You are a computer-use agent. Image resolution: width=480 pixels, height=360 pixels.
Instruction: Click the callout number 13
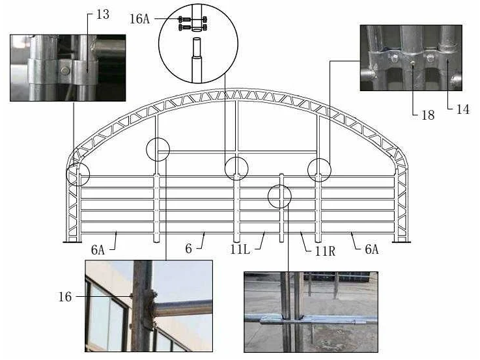[x=102, y=14]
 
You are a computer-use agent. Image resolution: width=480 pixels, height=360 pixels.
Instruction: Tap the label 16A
[x=139, y=19]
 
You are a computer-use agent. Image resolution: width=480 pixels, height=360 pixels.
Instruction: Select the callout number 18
[x=428, y=115]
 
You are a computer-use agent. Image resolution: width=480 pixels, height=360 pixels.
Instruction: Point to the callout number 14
[x=462, y=109]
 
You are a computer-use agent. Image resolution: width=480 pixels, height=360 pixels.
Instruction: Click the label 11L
[x=240, y=249]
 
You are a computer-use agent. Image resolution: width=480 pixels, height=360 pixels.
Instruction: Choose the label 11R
[x=325, y=251]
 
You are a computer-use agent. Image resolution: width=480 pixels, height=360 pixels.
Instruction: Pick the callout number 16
[x=65, y=297]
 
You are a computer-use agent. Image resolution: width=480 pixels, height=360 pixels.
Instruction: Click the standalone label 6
[x=189, y=249]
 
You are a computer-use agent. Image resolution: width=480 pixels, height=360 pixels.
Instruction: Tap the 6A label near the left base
[x=98, y=250]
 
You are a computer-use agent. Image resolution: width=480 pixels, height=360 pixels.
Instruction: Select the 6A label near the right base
[x=372, y=249]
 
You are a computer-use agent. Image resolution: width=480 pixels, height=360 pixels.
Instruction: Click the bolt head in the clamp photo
[x=65, y=71]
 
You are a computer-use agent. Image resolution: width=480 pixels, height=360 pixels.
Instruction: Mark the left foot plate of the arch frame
[x=72, y=242]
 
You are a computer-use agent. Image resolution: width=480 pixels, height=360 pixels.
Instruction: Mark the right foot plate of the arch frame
[x=401, y=242]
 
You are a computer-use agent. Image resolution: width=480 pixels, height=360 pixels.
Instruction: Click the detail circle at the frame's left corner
[x=66, y=174]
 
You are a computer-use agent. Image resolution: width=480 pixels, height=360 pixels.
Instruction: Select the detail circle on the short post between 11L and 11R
[x=268, y=197]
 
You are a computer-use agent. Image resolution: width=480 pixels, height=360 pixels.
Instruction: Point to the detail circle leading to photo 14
[x=308, y=170]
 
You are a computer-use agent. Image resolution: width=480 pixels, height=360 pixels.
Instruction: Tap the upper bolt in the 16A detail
[x=193, y=20]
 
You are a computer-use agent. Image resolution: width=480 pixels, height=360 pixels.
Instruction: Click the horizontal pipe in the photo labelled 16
[x=183, y=308]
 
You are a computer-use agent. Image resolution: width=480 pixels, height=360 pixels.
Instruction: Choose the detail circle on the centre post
[x=225, y=169]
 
